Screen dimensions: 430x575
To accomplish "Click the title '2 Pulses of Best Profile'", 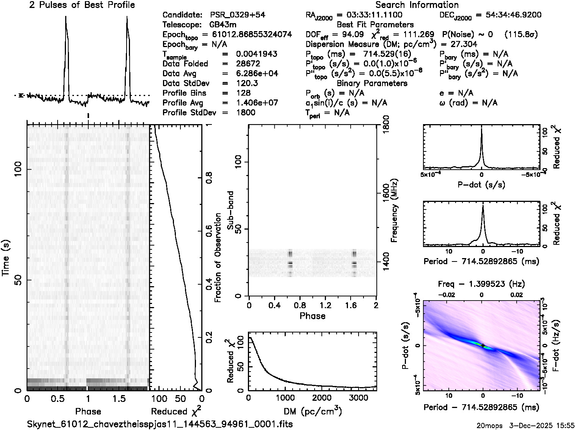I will [82, 5].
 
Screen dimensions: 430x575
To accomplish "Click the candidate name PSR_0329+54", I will [238, 15].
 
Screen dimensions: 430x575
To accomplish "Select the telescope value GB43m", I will [224, 25].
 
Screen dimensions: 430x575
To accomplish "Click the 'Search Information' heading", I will [417, 5].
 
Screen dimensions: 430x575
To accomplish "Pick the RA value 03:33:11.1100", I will [369, 15].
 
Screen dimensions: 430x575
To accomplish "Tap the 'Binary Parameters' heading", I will [372, 83].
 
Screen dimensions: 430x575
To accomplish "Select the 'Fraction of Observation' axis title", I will [218, 258].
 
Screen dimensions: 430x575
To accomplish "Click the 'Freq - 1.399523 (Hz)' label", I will [481, 284].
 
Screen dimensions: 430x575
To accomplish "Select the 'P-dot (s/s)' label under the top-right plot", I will [481, 185].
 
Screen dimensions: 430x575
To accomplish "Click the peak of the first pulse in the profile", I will [66, 17].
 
